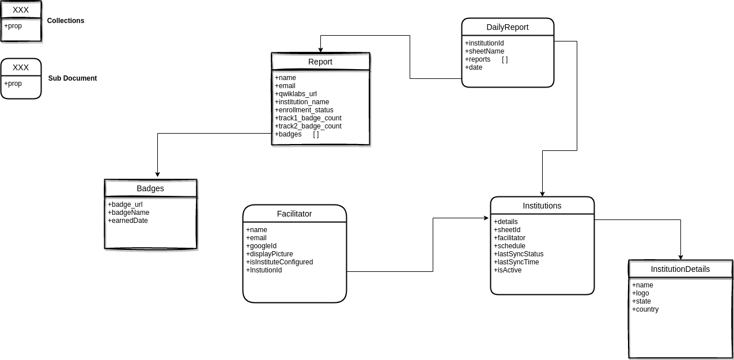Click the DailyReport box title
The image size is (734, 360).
pyautogui.click(x=507, y=27)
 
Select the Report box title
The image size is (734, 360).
pyautogui.click(x=320, y=62)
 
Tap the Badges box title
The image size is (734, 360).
pyautogui.click(x=150, y=188)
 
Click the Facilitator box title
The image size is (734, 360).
pyautogui.click(x=294, y=214)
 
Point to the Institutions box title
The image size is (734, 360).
pyautogui.click(x=542, y=206)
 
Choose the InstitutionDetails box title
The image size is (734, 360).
pyautogui.click(x=680, y=269)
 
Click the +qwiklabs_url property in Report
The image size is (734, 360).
pyautogui.click(x=296, y=94)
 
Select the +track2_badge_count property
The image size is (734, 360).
pyautogui.click(x=308, y=126)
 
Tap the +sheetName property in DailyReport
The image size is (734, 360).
pyautogui.click(x=485, y=51)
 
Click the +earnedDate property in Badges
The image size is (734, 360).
pyautogui.click(x=128, y=221)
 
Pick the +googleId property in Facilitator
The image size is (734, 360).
pyautogui.click(x=262, y=246)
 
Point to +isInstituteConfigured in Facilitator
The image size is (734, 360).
pyautogui.click(x=279, y=262)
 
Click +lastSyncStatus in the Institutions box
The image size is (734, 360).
pyautogui.click(x=519, y=254)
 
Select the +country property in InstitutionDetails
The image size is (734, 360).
pyautogui.click(x=645, y=309)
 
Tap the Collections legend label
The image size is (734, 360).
pyautogui.click(x=66, y=21)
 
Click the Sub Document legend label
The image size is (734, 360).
pyautogui.click(x=73, y=78)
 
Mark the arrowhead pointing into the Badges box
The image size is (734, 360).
pyautogui.click(x=157, y=175)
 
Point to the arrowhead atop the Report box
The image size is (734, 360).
pyautogui.click(x=320, y=50)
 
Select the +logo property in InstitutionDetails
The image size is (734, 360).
pyautogui.click(x=641, y=293)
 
